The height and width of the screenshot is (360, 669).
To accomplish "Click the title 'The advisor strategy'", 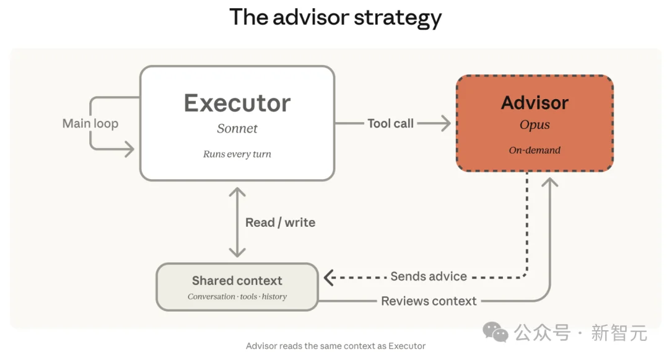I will (335, 17).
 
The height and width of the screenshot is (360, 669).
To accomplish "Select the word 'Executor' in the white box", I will (237, 103).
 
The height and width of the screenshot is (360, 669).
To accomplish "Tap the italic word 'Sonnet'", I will (237, 129).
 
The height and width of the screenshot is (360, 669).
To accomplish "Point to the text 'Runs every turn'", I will (237, 154).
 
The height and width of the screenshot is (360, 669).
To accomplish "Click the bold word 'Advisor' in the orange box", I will (535, 103).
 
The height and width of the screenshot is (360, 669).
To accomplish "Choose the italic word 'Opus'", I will (535, 125).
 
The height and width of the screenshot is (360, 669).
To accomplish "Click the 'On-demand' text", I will (535, 150).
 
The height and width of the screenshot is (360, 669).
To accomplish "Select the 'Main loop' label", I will (90, 123).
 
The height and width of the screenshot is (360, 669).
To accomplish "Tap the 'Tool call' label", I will (390, 123).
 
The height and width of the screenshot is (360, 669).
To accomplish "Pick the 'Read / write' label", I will (280, 222).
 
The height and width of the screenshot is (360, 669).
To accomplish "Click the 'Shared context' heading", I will (237, 281).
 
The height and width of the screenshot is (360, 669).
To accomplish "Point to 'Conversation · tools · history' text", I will (237, 297).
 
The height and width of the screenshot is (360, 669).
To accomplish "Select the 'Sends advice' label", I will (429, 276).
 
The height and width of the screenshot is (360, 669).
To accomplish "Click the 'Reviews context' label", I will (429, 301).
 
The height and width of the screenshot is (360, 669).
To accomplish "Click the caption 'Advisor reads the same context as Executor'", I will (335, 346).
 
